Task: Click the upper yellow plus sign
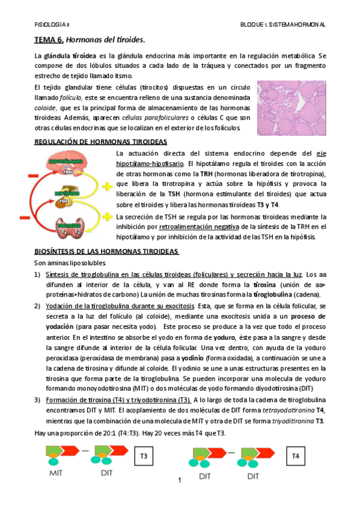pyautogui.click(x=108, y=187)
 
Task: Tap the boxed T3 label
pyautogui.click(x=144, y=456)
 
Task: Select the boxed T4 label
pyautogui.click(x=295, y=456)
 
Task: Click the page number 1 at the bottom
pyautogui.click(x=179, y=481)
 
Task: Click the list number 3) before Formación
pyautogui.click(x=37, y=399)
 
